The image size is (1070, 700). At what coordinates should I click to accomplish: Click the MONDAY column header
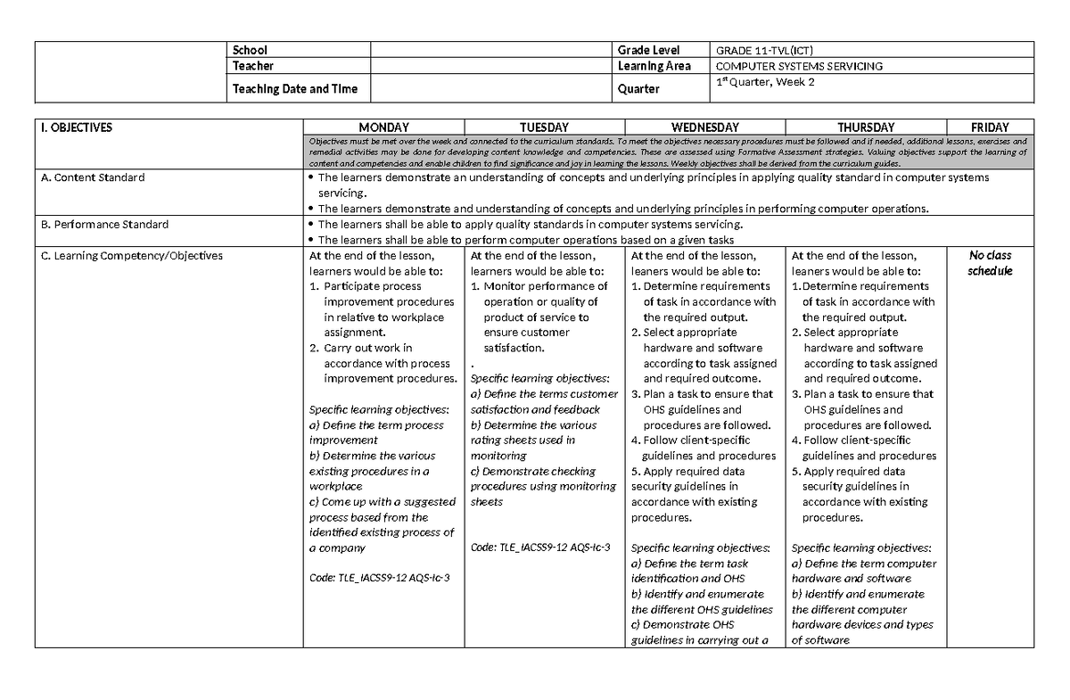[x=383, y=128]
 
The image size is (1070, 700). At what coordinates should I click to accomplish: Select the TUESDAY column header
[x=544, y=128]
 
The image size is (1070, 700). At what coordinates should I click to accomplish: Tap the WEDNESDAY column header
[x=704, y=128]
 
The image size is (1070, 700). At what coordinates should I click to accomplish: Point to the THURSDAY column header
[x=866, y=128]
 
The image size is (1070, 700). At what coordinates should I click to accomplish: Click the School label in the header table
[x=250, y=50]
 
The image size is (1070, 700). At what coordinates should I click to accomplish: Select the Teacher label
[x=253, y=66]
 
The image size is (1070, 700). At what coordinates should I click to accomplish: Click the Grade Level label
[x=648, y=50]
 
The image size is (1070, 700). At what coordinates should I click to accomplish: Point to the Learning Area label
[x=654, y=66]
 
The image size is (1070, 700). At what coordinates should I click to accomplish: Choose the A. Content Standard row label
[x=93, y=177]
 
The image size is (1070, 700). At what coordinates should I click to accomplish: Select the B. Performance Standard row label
[x=105, y=224]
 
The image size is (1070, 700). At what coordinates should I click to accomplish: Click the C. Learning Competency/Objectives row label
[x=132, y=256]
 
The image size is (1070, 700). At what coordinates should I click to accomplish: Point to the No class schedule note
[x=990, y=263]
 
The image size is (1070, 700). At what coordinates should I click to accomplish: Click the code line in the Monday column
[x=379, y=579]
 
